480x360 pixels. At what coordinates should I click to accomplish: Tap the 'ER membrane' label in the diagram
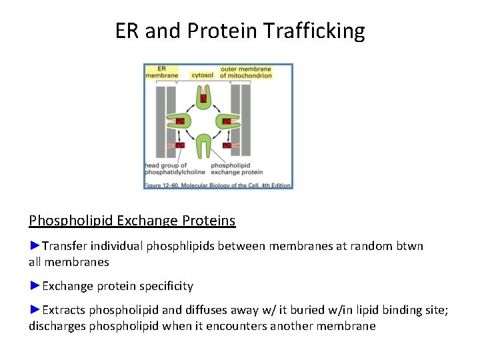click(162, 72)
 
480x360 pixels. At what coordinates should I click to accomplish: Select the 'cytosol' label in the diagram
click(202, 75)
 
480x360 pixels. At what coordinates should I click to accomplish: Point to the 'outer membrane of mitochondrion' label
click(246, 72)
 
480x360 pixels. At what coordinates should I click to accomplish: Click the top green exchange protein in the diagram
click(203, 99)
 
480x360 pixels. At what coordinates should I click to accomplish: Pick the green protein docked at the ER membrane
click(180, 121)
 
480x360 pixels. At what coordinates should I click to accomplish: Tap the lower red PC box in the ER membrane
click(180, 145)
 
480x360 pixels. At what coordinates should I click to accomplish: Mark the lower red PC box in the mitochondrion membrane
click(227, 145)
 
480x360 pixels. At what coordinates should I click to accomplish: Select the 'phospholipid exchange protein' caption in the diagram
click(239, 169)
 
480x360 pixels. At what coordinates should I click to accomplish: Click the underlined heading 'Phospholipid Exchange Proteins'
click(132, 220)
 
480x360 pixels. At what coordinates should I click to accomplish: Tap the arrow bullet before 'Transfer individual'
click(35, 246)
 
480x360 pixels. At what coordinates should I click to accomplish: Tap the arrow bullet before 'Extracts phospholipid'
click(35, 310)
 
